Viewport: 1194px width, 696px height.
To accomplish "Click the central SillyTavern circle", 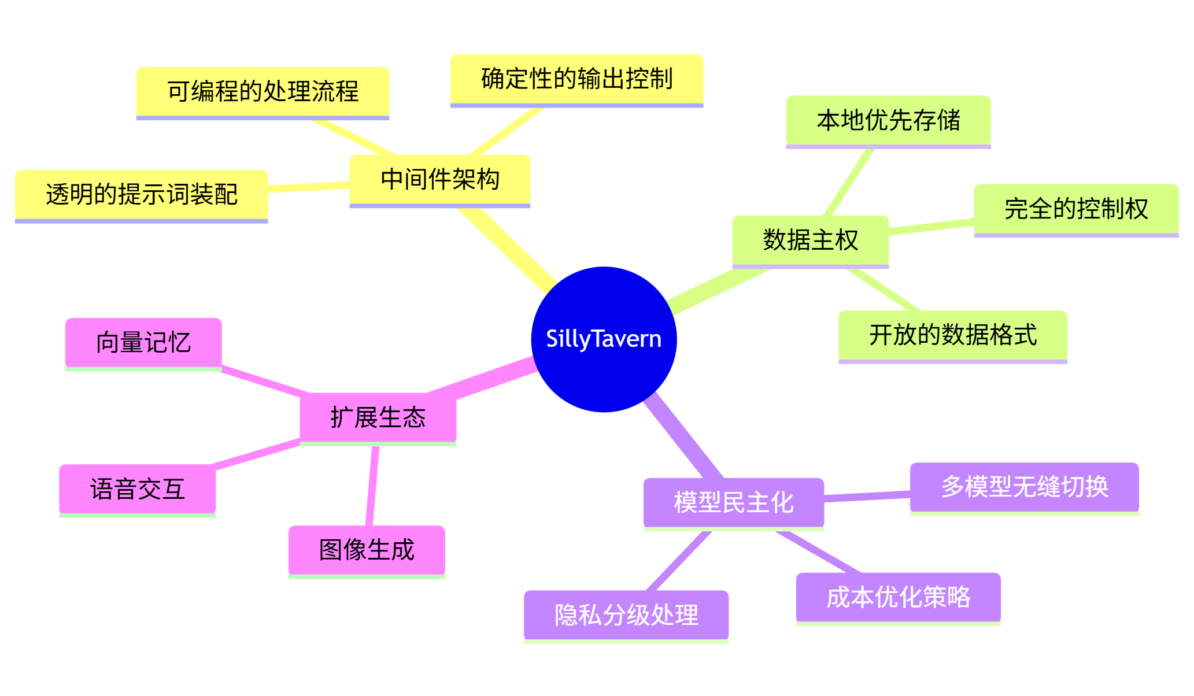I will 604,339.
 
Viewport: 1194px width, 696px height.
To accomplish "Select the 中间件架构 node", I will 439,179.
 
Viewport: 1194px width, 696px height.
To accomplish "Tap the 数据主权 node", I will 810,240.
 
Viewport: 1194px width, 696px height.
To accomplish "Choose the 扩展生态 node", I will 378,417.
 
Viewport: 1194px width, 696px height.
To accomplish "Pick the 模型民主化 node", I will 733,502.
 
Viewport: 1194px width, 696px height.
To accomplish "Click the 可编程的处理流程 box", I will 263,91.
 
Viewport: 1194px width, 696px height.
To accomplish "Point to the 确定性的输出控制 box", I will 576,79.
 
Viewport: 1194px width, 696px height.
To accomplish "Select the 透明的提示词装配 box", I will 141,194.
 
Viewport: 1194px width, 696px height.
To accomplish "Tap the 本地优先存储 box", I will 888,120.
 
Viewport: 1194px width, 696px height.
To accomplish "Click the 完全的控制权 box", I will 1075,209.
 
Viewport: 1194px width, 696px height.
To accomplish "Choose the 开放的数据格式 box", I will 952,335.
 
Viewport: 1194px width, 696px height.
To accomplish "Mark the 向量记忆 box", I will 143,342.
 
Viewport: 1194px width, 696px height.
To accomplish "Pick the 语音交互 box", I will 138,489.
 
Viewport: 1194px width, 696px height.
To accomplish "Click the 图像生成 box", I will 367,550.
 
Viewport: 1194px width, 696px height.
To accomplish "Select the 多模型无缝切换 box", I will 1024,487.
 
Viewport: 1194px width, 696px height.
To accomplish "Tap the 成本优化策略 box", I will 898,597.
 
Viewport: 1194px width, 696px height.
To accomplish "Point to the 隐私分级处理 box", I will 626,614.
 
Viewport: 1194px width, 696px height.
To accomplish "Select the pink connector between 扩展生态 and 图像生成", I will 372,486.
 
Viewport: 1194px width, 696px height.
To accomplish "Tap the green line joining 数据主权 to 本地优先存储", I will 849,182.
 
